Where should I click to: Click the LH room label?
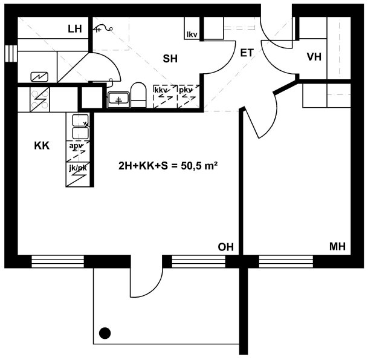(75, 29)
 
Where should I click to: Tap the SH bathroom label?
(170, 59)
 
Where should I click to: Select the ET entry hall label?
(247, 53)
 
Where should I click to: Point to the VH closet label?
(314, 57)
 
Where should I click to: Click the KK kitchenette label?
(42, 146)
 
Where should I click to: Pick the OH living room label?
(226, 247)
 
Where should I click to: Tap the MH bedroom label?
(337, 246)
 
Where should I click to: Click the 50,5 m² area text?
(199, 166)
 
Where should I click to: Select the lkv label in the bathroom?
(192, 34)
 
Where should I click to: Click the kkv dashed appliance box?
(165, 96)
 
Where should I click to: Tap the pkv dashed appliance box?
(189, 96)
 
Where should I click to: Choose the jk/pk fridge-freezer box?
(78, 174)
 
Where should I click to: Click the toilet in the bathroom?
(138, 95)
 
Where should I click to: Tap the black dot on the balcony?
(105, 333)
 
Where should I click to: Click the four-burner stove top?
(40, 99)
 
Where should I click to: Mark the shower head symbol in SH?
(103, 29)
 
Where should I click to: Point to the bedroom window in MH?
(286, 261)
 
